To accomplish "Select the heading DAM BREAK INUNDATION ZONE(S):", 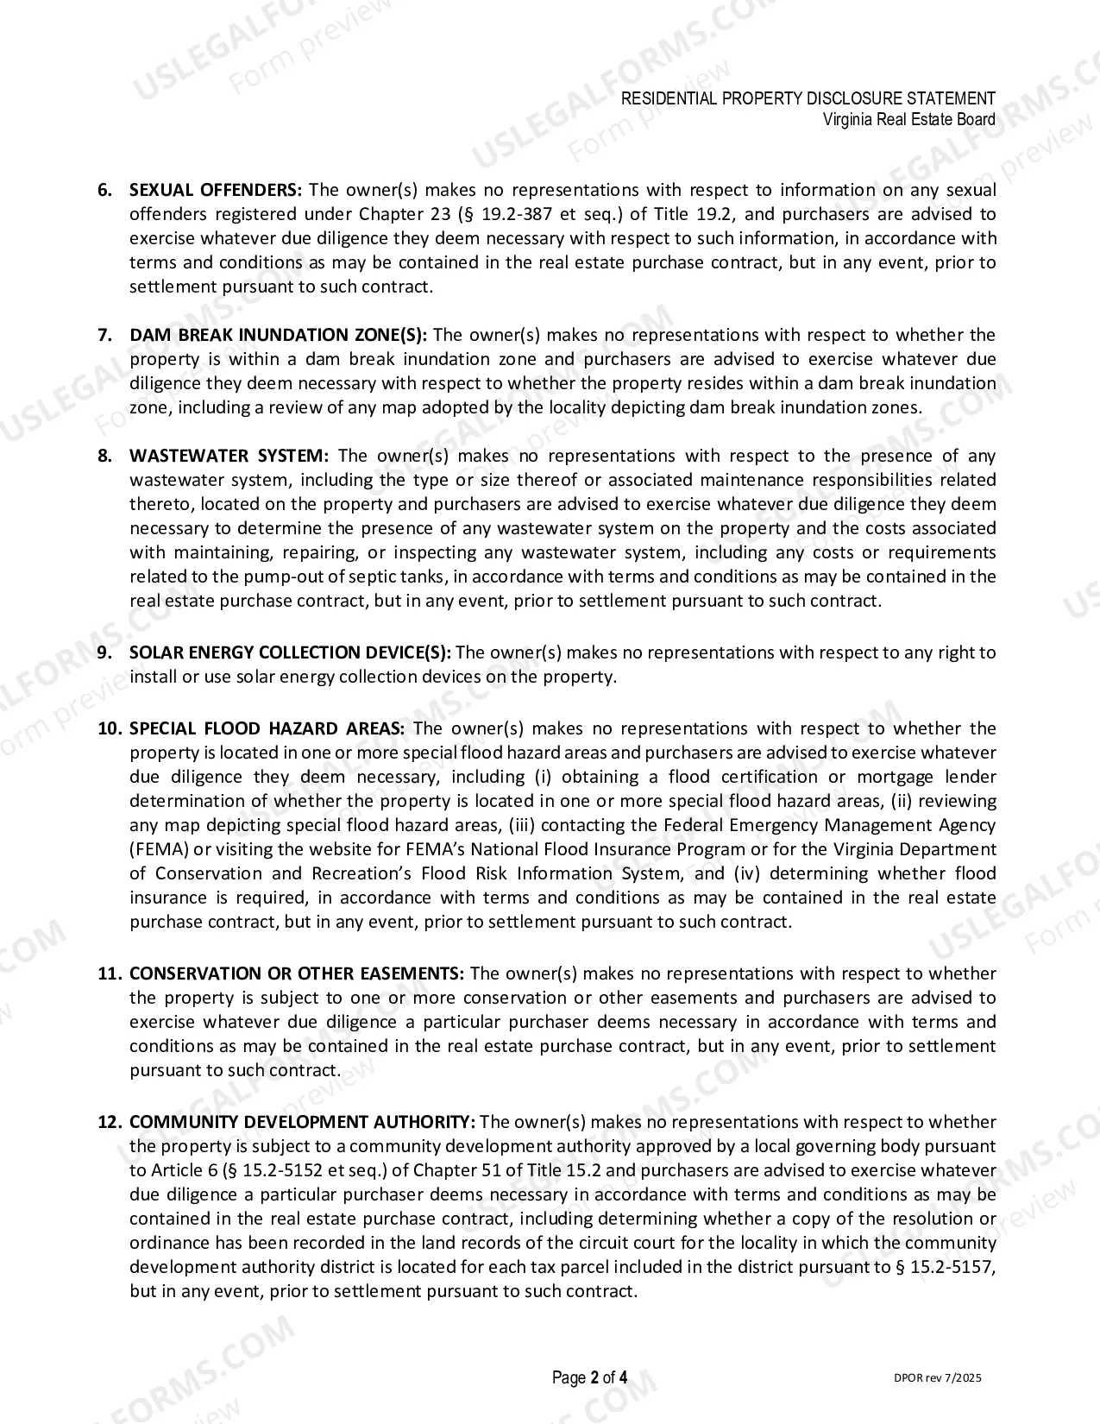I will [x=278, y=335].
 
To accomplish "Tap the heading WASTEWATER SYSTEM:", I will [x=229, y=456].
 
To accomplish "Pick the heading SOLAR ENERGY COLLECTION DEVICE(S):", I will [x=290, y=652].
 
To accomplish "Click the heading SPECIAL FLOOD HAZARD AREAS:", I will [x=267, y=728].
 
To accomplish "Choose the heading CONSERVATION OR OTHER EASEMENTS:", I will [x=296, y=973].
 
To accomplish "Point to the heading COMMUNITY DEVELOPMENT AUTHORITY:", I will [x=302, y=1122].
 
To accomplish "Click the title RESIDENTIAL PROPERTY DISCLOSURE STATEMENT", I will [x=808, y=98].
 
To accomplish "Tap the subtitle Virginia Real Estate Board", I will [x=908, y=119].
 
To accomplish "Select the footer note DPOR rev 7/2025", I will [x=938, y=1377].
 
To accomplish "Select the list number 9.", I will [x=105, y=652].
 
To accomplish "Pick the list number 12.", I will [x=110, y=1122].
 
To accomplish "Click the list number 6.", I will [x=105, y=190].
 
